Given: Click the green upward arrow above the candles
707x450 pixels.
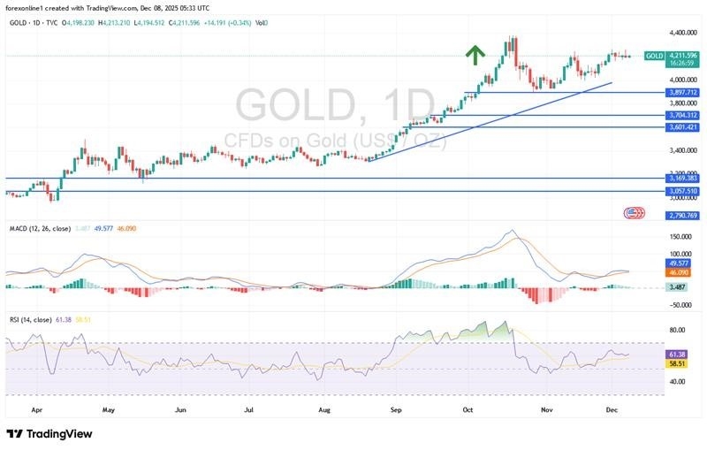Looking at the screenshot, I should pos(475,56).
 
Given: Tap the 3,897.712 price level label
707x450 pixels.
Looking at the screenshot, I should pos(684,92).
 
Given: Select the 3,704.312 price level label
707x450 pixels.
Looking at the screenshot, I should pos(684,116).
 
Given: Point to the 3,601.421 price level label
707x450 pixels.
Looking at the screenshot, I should pos(684,127).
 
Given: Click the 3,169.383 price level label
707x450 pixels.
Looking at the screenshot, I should pos(684,179).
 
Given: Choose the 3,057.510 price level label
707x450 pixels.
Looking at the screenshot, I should pos(684,191).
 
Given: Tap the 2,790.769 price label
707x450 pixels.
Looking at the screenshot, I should pos(684,215).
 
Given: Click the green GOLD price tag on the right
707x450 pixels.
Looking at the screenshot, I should pos(655,56).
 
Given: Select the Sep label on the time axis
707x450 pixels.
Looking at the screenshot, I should pos(396,410).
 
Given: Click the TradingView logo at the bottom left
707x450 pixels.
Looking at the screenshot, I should pos(51,434).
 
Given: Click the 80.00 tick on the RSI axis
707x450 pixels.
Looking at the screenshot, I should pos(678,330).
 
